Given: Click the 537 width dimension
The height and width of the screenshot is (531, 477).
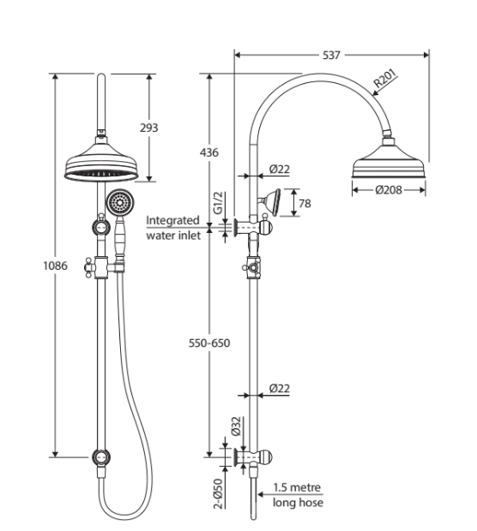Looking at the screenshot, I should (x=331, y=55).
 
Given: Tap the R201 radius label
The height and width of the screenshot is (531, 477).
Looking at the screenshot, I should (x=383, y=83).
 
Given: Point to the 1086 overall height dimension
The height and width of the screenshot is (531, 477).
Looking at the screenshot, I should (x=55, y=265).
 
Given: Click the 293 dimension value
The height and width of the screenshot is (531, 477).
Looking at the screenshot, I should (x=148, y=128).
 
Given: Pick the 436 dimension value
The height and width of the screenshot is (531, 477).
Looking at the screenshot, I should (x=208, y=152).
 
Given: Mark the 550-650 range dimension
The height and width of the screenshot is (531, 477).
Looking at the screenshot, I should (x=209, y=343).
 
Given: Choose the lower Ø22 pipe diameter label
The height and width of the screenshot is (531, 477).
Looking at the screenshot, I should (x=279, y=388).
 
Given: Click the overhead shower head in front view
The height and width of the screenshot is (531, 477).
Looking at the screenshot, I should (x=102, y=164).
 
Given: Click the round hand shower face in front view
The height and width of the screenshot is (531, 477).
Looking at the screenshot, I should (x=119, y=203).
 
